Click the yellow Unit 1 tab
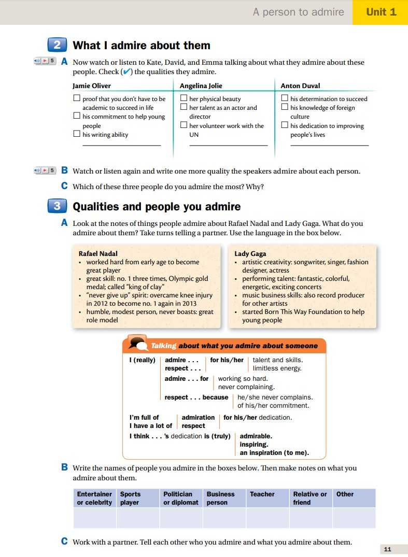(381, 12)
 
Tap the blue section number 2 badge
(57, 45)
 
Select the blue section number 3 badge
(57, 206)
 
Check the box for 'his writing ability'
(77, 134)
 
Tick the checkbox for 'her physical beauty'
(184, 98)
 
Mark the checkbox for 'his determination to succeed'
(285, 98)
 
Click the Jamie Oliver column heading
(92, 85)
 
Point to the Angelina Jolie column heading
(201, 85)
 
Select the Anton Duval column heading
(300, 85)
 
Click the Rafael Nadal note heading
(98, 253)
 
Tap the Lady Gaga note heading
(250, 253)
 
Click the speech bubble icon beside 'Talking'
(137, 344)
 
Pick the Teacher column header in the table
(262, 494)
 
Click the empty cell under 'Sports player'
(137, 518)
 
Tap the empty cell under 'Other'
(354, 518)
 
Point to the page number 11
(388, 549)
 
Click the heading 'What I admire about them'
(142, 46)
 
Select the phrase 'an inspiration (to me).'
(274, 453)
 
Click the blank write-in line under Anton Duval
(329, 145)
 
